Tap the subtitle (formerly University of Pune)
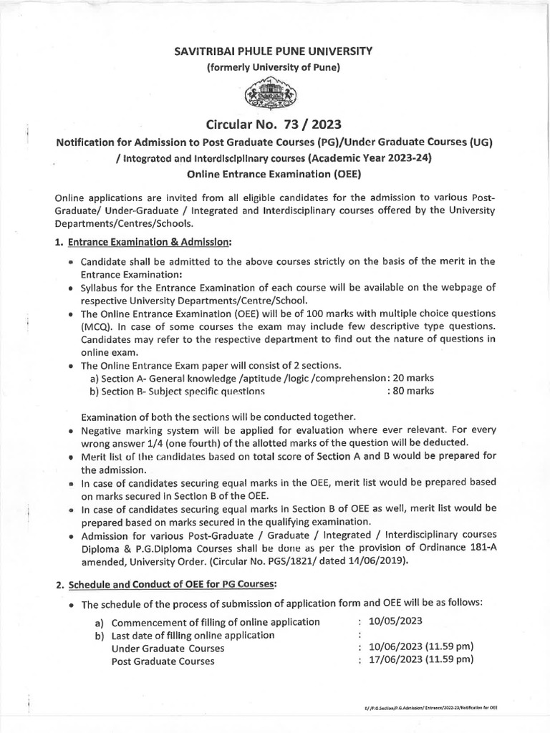coord(274,68)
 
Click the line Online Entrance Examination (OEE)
coord(274,173)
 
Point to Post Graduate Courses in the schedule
coord(163,661)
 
